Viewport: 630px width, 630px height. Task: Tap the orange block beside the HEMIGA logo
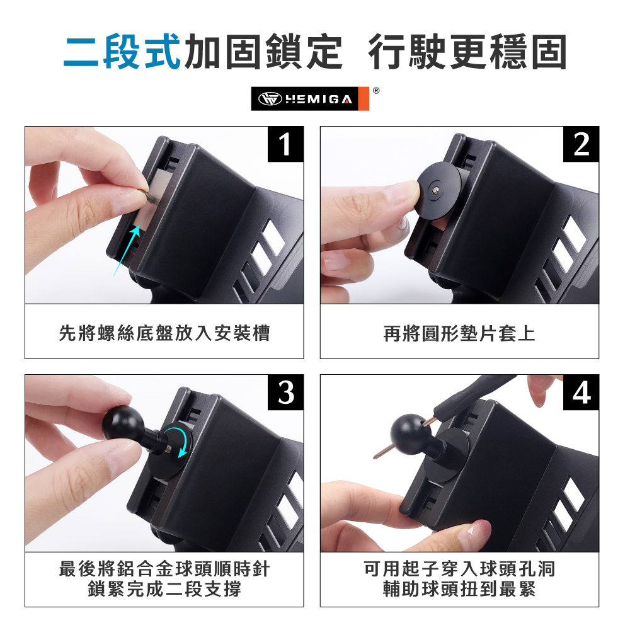(x=364, y=98)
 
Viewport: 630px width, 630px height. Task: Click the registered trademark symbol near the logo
(x=376, y=91)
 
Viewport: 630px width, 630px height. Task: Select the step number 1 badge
(x=285, y=144)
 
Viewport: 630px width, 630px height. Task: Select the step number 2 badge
(x=581, y=144)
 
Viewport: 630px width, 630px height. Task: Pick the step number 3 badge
(x=285, y=392)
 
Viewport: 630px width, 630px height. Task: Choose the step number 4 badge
(x=581, y=392)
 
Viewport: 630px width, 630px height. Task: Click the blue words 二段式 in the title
(x=122, y=52)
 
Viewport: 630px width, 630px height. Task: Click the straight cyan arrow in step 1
(x=127, y=251)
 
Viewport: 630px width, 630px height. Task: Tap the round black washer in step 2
(x=439, y=190)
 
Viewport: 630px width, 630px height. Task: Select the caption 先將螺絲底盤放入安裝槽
(x=164, y=333)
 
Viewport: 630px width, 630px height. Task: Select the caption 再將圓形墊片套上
(x=459, y=333)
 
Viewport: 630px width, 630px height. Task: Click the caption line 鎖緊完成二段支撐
(x=164, y=590)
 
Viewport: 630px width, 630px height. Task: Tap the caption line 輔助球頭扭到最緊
(x=459, y=590)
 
